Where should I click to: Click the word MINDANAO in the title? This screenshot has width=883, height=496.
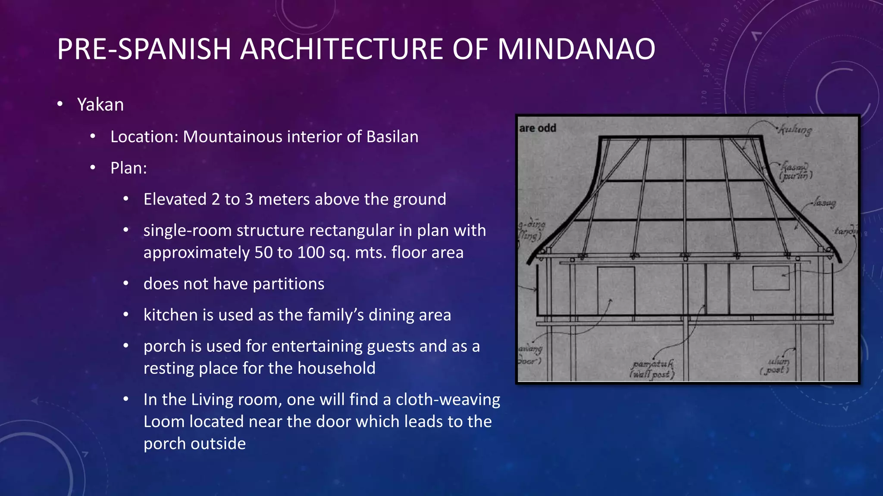tap(576, 49)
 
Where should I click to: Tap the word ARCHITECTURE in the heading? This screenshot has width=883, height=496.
tap(341, 49)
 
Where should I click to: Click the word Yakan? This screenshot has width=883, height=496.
tap(100, 105)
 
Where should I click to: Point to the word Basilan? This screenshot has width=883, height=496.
tap(392, 136)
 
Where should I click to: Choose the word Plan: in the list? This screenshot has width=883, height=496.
tap(128, 168)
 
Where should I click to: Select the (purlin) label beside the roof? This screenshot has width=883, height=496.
tap(796, 176)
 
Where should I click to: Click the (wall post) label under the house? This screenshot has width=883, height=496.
tap(652, 375)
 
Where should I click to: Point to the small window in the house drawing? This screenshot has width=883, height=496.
tap(771, 278)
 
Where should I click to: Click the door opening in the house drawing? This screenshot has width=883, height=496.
tap(616, 291)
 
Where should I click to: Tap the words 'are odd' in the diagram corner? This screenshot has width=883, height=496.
tap(538, 128)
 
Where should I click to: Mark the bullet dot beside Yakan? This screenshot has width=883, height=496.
tap(60, 104)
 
